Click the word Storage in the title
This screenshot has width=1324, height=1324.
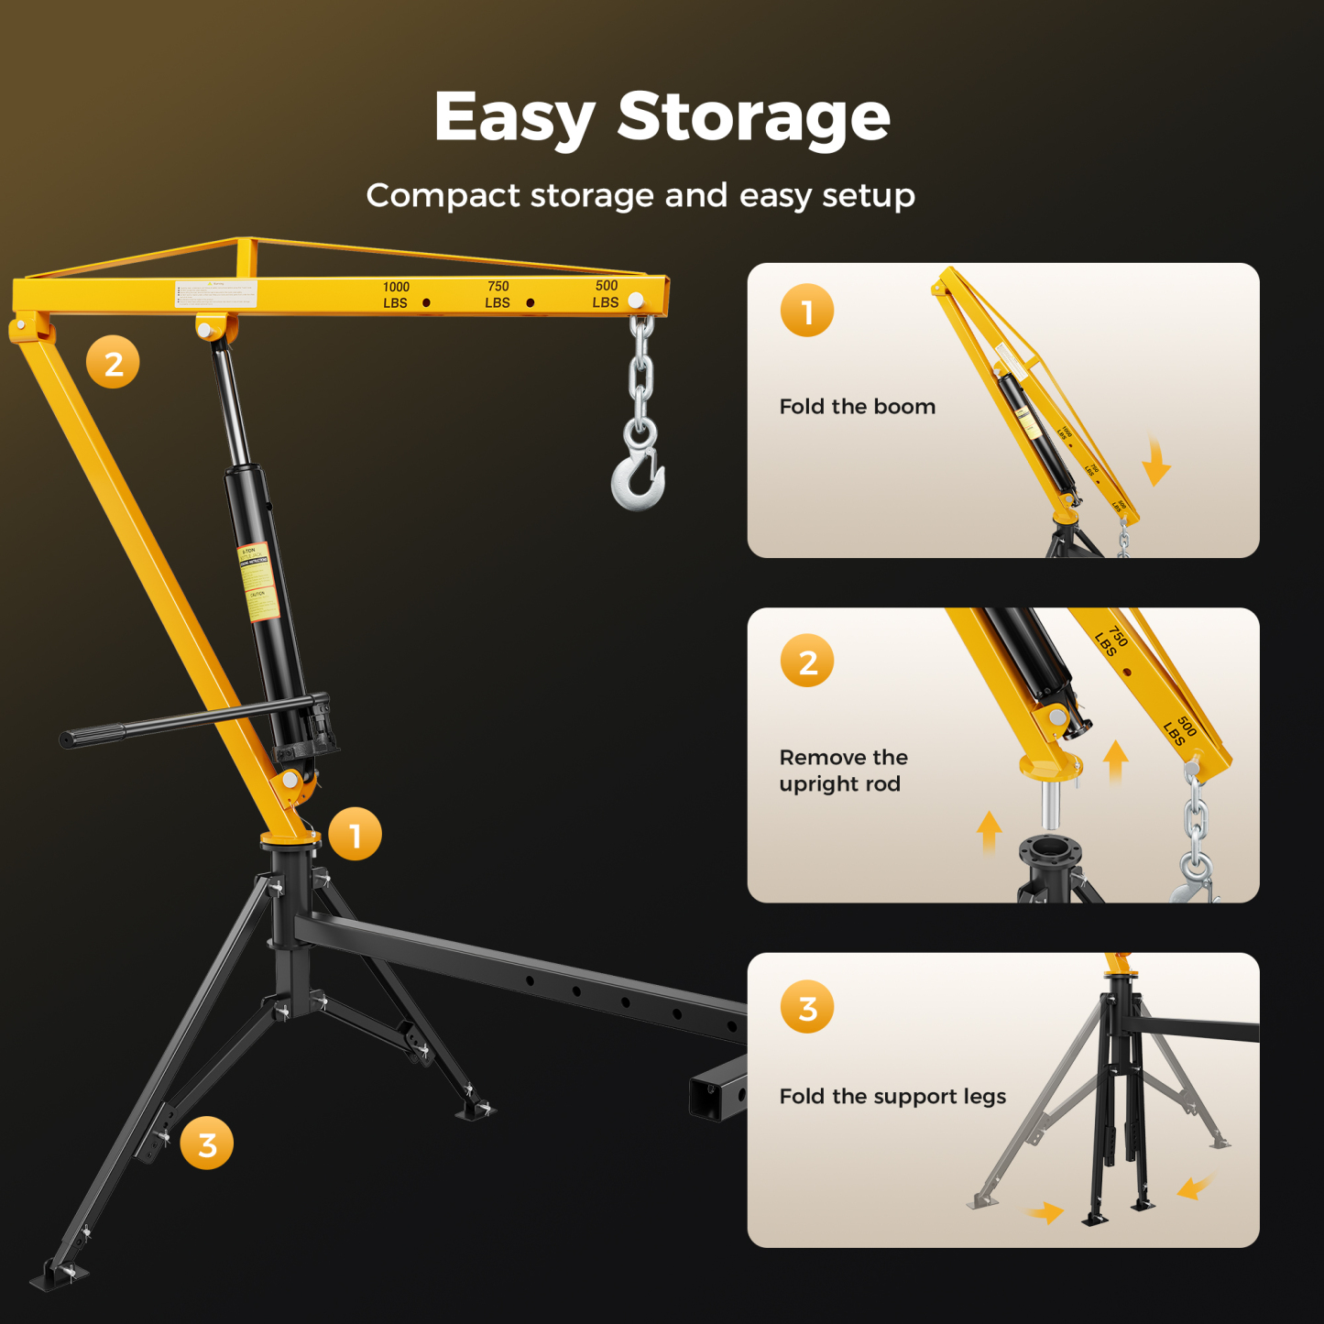pyautogui.click(x=753, y=117)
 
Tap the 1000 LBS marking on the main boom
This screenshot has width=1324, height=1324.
pyautogui.click(x=396, y=295)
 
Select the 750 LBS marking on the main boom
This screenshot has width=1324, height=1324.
pyautogui.click(x=498, y=294)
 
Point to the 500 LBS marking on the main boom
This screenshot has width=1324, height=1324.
pyautogui.click(x=605, y=293)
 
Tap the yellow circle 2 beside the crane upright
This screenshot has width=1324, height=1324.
pyautogui.click(x=113, y=363)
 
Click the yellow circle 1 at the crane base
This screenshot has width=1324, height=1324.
pyautogui.click(x=356, y=834)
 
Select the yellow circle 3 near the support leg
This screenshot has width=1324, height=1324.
pyautogui.click(x=207, y=1143)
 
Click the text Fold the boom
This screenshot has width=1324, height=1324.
pyautogui.click(x=857, y=407)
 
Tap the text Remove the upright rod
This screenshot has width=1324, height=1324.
pyautogui.click(x=843, y=771)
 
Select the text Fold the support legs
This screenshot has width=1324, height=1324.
pyautogui.click(x=892, y=1097)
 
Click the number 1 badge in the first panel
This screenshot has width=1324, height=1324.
pyautogui.click(x=807, y=312)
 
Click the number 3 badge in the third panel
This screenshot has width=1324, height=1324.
pyautogui.click(x=807, y=1007)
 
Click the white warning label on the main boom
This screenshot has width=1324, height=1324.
pyautogui.click(x=216, y=293)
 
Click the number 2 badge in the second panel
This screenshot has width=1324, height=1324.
pyautogui.click(x=807, y=661)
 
